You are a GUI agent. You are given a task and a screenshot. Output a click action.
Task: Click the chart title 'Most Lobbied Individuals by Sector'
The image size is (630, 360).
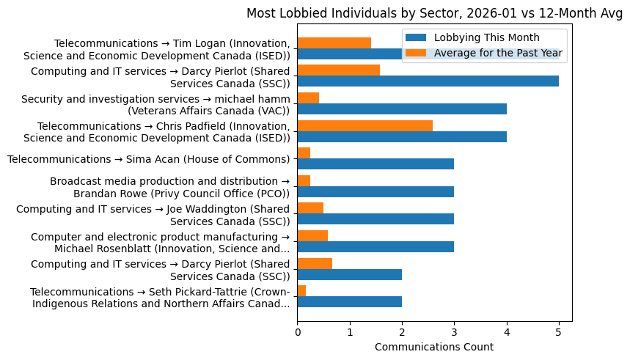coord(434,13)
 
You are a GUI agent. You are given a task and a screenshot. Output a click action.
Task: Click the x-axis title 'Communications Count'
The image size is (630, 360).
coord(434,347)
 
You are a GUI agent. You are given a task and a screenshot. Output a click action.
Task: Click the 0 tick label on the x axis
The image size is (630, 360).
coord(297,331)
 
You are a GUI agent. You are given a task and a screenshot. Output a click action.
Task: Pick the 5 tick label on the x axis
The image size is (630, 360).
coord(559,331)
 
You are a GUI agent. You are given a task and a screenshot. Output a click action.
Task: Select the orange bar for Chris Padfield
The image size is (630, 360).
coord(365,125)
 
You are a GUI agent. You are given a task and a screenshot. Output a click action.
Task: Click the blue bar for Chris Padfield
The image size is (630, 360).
coord(402,136)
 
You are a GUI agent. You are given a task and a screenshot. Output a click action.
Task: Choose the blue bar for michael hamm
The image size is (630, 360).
coord(402,109)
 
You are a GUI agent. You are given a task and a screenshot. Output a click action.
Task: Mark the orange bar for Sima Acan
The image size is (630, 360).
coord(304,153)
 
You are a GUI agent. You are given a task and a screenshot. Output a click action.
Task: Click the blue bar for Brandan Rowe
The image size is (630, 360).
coord(376,191)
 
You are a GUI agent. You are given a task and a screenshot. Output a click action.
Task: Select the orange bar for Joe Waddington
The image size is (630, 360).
coord(310,207)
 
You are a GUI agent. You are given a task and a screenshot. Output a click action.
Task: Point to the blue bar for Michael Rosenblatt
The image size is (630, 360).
coord(376,246)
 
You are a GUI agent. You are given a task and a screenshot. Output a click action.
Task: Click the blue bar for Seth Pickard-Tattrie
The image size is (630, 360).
coord(349,301)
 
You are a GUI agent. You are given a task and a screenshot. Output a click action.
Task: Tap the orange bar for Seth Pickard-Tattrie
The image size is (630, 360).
coord(301,290)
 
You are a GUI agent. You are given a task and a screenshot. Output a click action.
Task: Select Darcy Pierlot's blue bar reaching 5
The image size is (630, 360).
coord(428,81)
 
